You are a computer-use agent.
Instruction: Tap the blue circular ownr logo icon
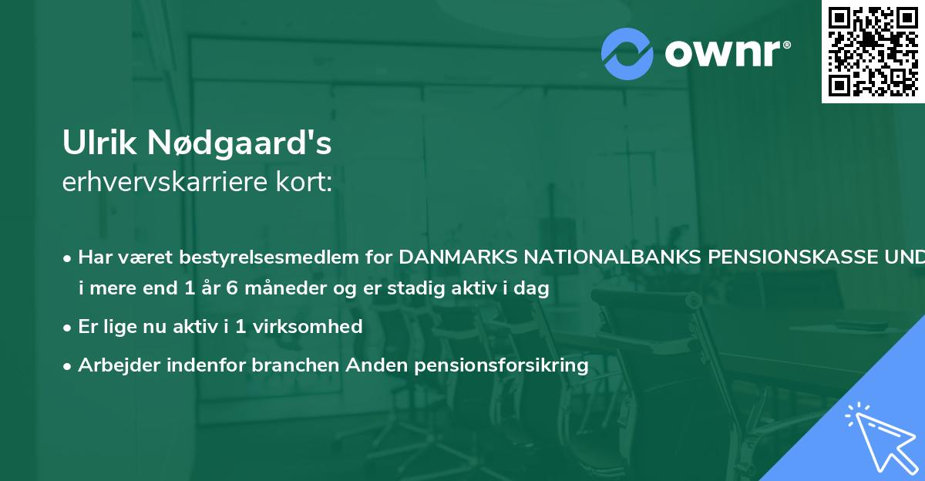627,53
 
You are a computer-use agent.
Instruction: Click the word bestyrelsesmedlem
261,257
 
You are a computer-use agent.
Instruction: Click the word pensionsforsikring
501,365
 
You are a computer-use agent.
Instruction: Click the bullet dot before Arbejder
69,365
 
